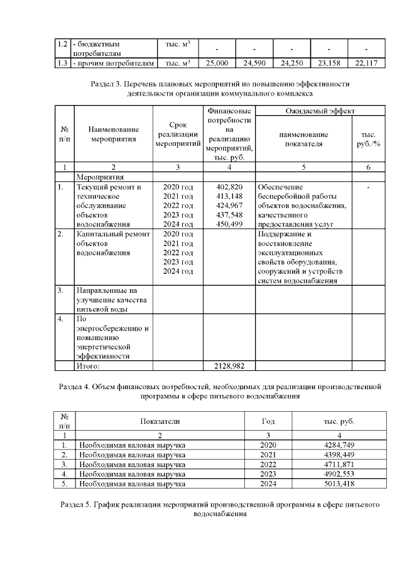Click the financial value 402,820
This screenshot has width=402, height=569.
tap(229, 187)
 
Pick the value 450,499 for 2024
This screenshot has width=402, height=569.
tap(229, 223)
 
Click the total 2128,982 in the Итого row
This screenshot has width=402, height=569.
tap(229, 365)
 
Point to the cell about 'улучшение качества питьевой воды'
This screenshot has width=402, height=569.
tap(107, 300)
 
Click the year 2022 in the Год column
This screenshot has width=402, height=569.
tap(268, 465)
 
